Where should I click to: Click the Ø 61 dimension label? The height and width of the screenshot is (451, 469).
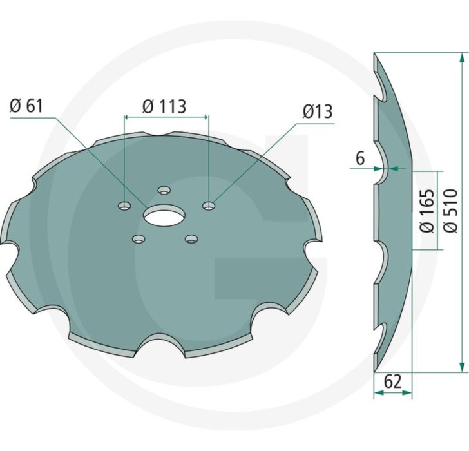(x=26, y=106)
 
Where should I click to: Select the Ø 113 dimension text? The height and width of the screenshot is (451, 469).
(x=164, y=106)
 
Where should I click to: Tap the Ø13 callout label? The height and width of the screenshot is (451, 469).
(x=318, y=111)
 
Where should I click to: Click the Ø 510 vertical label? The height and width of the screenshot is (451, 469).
(x=451, y=210)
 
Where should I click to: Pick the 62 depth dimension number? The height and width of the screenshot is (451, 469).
(x=392, y=381)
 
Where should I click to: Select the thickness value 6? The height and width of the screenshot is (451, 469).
(x=360, y=158)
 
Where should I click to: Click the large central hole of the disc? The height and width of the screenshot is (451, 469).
(x=164, y=215)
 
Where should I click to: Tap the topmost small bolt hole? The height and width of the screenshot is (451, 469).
(x=164, y=190)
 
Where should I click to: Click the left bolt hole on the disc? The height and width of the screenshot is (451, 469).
(x=125, y=206)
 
